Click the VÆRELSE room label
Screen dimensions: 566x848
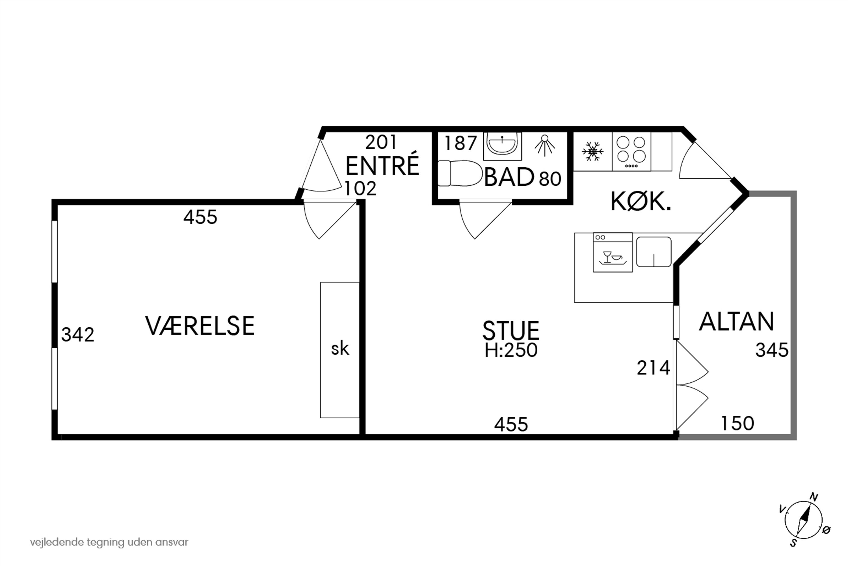tap(200, 326)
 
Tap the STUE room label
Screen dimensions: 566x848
tap(510, 330)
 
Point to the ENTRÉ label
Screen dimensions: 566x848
tap(382, 165)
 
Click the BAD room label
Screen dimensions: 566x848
tap(509, 177)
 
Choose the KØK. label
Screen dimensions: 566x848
tap(641, 202)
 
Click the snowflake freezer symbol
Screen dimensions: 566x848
tap(592, 151)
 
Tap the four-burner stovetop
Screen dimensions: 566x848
tap(631, 151)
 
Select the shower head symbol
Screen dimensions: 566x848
tap(544, 145)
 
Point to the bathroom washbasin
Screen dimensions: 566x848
tap(502, 144)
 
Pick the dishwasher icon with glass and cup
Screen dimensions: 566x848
tap(613, 252)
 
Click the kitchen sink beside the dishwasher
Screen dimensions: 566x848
tap(654, 252)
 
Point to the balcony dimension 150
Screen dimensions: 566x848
tap(737, 424)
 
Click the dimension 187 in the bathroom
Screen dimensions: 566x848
tap(460, 143)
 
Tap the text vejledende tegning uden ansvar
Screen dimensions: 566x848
tap(109, 542)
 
